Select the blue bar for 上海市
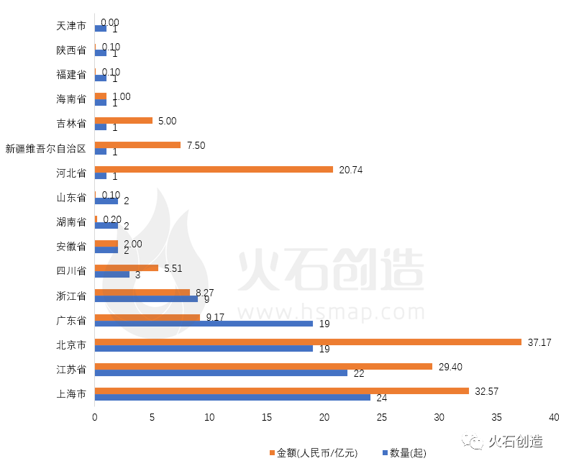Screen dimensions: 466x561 [x=232, y=398]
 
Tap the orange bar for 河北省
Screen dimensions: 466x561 [x=214, y=170]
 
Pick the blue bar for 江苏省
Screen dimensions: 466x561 [x=221, y=373]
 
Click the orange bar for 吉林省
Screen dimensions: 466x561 [x=124, y=120]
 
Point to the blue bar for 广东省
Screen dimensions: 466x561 [x=204, y=324]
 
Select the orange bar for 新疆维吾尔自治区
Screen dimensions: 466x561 [x=137, y=145]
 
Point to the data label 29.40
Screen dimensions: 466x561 [x=450, y=367]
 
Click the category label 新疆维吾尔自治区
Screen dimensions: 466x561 [x=46, y=149]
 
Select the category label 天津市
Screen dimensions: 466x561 [x=71, y=27]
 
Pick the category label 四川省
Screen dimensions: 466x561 [x=71, y=271]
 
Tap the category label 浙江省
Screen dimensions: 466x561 [x=71, y=296]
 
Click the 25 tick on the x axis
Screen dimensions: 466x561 [x=381, y=418]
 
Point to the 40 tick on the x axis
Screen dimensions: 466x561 [x=553, y=418]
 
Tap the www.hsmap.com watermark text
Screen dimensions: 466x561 [x=332, y=312]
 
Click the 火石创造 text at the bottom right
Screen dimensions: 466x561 [x=515, y=442]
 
